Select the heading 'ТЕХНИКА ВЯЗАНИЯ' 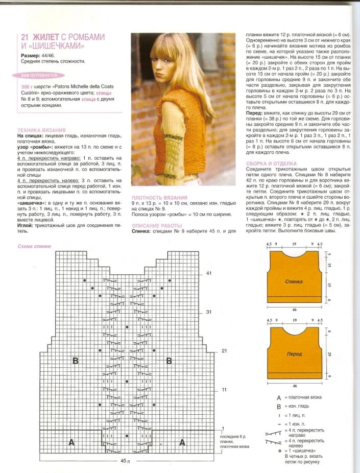(x=37, y=130)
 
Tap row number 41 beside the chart (x=208, y=274)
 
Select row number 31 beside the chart (x=208, y=312)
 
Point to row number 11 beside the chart (x=208, y=390)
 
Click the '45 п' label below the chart (x=126, y=461)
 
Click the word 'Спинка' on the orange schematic (x=294, y=281)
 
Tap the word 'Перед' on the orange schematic (x=294, y=353)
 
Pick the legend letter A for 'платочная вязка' (x=278, y=397)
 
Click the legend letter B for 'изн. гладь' (x=278, y=407)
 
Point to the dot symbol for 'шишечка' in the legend (x=279, y=451)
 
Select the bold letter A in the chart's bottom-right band (x=182, y=443)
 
